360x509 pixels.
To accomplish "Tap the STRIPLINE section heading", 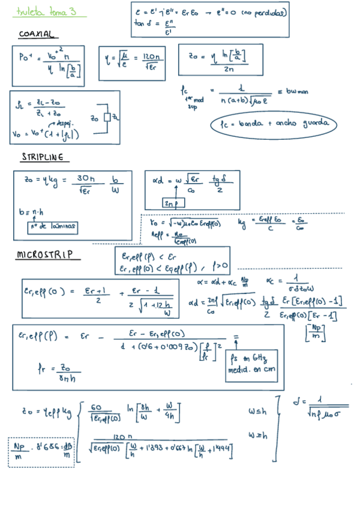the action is [43, 157].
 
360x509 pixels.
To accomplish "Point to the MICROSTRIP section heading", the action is [47, 254].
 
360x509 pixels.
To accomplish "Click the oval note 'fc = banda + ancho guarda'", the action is [274, 124].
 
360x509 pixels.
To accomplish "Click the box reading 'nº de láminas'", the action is [52, 226].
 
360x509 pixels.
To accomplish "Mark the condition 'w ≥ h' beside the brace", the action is [259, 433].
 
